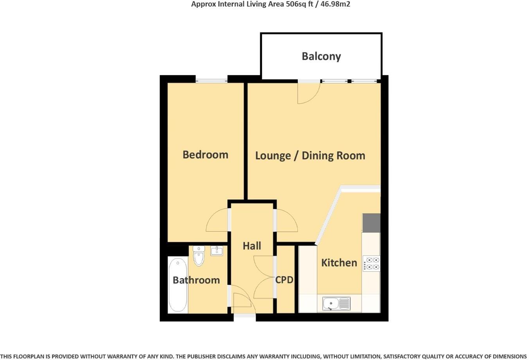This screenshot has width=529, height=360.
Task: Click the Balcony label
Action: coord(321,56)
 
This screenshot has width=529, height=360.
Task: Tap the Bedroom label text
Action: coord(205,155)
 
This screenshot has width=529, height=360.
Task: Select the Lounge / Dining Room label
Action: coord(310,156)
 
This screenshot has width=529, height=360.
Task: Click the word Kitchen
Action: coord(339,263)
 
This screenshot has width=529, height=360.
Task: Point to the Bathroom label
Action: coord(196,280)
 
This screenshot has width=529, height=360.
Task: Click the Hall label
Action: coord(252,246)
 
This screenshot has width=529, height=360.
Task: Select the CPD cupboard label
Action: coord(284,280)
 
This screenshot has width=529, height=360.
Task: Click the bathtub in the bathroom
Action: coord(178,285)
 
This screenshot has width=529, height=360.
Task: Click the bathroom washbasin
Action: coord(216,250)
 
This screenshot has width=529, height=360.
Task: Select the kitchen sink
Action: coord(336,303)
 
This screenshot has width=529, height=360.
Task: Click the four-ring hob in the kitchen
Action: coord(371,263)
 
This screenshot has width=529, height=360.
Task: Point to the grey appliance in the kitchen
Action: coord(371,223)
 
